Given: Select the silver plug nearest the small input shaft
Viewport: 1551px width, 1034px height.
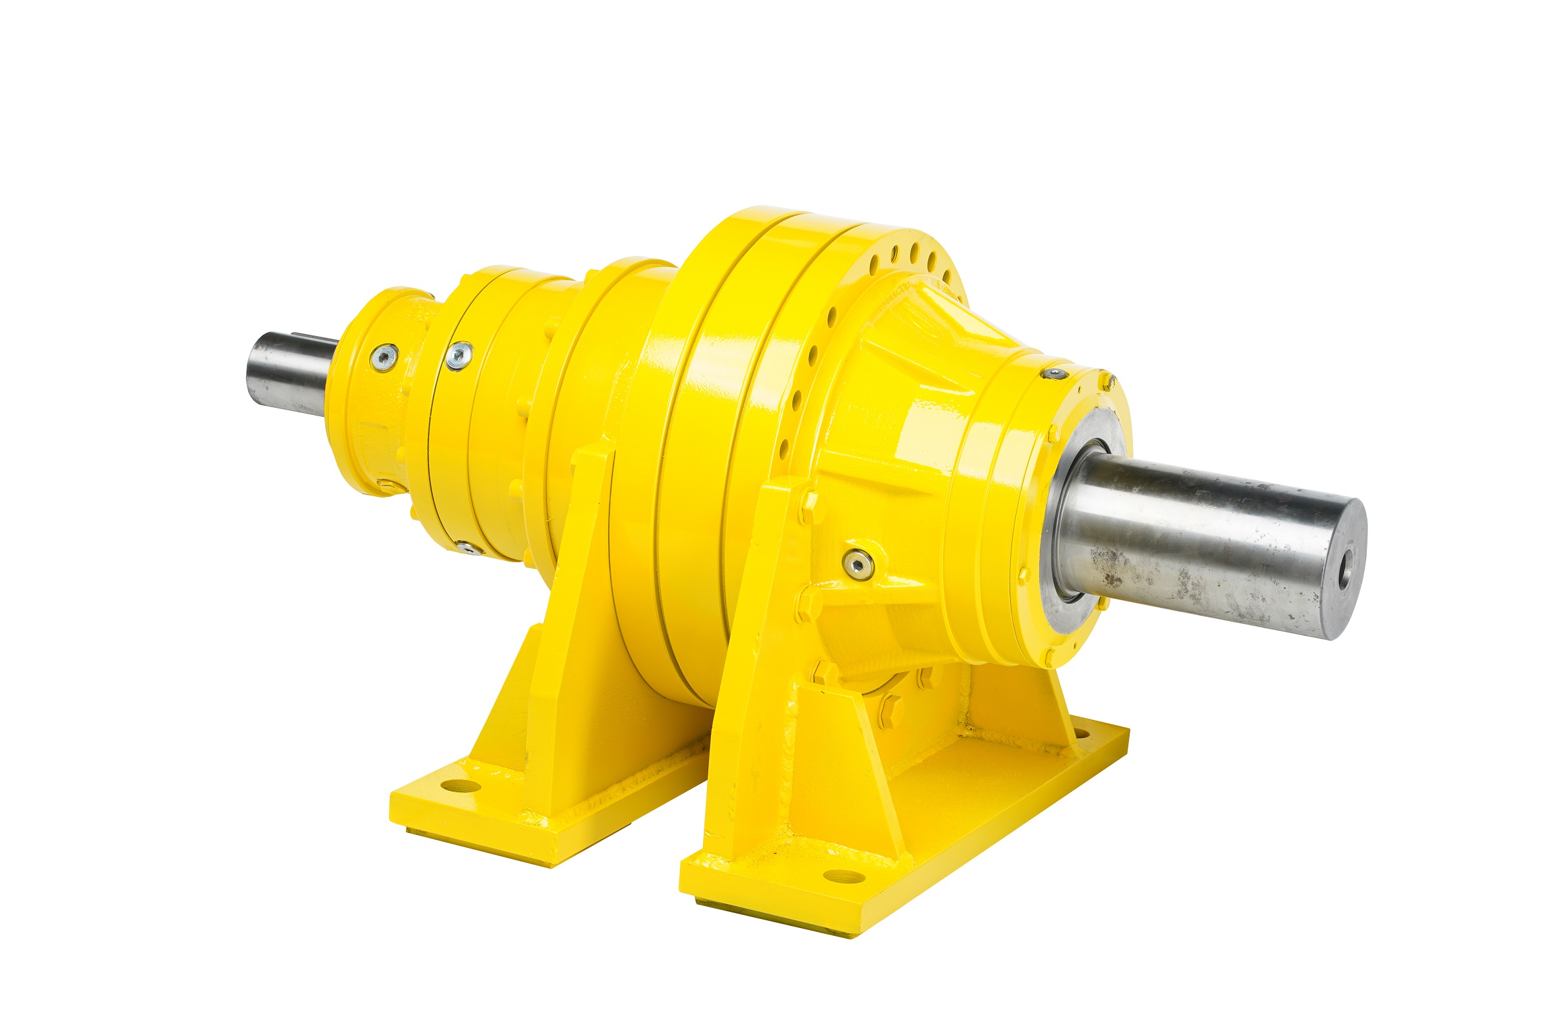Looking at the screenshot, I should pos(383,357).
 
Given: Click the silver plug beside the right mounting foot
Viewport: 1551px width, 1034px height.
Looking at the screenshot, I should pos(859,562).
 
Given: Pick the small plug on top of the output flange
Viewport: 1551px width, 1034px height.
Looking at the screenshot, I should pos(1054,374).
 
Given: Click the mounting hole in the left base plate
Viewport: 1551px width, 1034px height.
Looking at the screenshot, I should pos(459,785).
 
